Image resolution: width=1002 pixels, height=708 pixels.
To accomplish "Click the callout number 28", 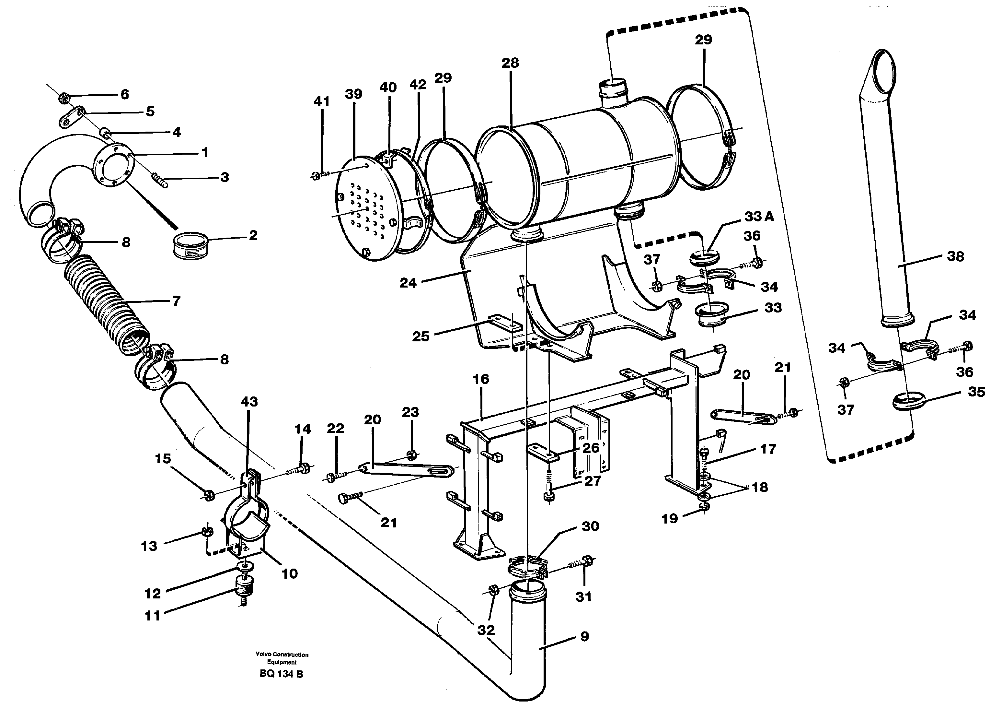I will [510, 63].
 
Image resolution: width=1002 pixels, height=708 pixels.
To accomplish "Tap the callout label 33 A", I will [759, 216].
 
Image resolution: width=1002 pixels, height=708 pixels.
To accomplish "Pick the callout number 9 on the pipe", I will [584, 636].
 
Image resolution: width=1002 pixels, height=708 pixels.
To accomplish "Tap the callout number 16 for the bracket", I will [481, 379].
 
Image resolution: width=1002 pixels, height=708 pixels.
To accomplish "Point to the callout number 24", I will [408, 283].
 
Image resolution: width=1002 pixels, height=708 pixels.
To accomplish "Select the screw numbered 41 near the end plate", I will [320, 176].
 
